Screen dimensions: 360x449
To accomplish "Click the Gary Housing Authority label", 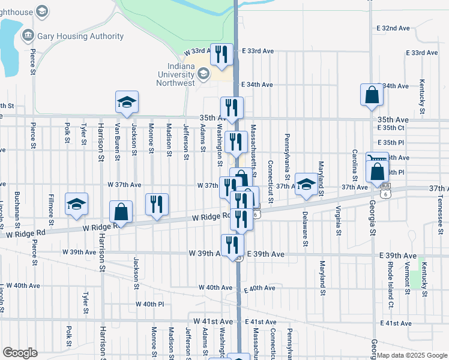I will (x=80, y=36).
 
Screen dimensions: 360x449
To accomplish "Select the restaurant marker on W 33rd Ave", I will (x=223, y=55).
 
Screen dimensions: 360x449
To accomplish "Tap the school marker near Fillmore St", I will (x=77, y=204).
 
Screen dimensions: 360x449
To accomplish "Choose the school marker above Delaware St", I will (x=306, y=184).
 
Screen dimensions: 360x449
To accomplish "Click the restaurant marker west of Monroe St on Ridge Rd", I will (x=156, y=204).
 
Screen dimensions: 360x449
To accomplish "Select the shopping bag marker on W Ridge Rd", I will (x=121, y=212).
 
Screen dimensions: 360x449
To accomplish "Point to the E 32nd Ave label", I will (x=393, y=28).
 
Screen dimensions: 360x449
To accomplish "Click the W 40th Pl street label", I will (x=149, y=304).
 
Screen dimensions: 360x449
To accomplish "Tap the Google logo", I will (x=20, y=353).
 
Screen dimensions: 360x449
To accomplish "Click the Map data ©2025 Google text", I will (x=411, y=356).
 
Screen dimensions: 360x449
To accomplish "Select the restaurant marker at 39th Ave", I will (x=232, y=245).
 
